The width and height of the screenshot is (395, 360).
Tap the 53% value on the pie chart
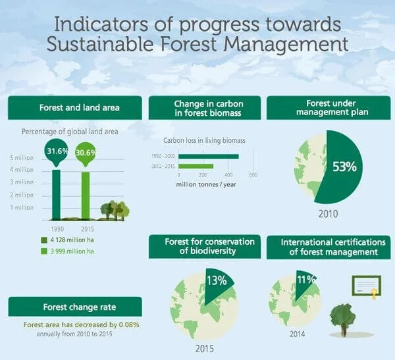click(x=344, y=167)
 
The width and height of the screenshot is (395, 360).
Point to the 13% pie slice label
click(x=217, y=280)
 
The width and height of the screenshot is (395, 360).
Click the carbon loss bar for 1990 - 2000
click(x=209, y=156)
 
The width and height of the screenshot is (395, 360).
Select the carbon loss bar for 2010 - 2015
click(x=196, y=167)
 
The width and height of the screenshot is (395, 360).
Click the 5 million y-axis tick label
click(x=22, y=158)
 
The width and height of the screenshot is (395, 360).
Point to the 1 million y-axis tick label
click(x=22, y=207)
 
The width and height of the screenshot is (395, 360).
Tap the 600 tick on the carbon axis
click(x=253, y=176)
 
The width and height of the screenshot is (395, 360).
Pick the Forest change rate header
click(x=74, y=307)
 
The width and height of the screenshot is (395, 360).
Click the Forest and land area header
click(x=74, y=107)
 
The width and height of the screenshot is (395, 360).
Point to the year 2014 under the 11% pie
click(x=297, y=334)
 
